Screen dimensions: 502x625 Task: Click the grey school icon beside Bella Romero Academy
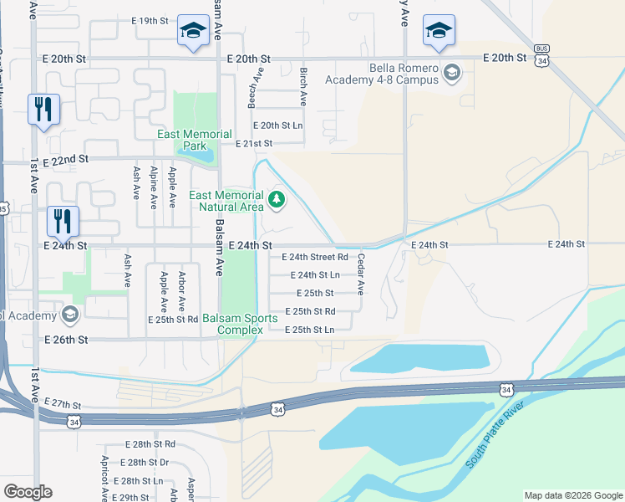pyautogui.click(x=452, y=73)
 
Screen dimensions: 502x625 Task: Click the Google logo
pyautogui.click(x=28, y=492)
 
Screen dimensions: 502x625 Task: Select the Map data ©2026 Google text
pyautogui.click(x=572, y=495)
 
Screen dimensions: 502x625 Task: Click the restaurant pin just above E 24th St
pyautogui.click(x=63, y=222)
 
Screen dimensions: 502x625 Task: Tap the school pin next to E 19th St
pyautogui.click(x=193, y=33)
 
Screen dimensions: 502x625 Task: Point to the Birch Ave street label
pyautogui.click(x=303, y=87)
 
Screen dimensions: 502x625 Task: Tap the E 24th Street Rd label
pyautogui.click(x=314, y=257)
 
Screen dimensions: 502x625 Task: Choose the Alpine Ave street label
pyautogui.click(x=153, y=187)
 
